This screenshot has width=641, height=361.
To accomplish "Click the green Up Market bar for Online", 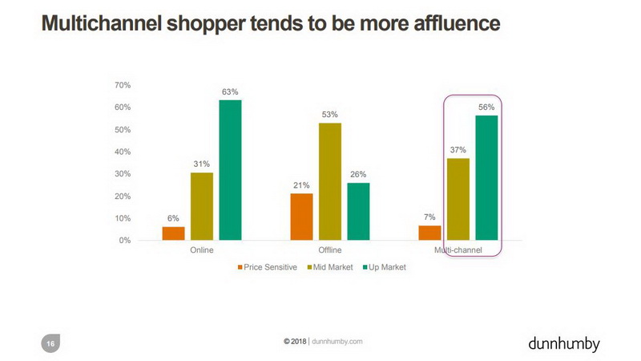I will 230,170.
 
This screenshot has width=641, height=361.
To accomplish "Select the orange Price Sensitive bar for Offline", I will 302,217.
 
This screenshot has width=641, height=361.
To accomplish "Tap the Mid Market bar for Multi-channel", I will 458,199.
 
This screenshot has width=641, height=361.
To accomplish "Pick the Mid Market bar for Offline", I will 330,181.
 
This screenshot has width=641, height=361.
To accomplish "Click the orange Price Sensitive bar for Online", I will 173,233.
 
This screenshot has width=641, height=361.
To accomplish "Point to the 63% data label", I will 230,92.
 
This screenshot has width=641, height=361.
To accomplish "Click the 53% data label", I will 330,115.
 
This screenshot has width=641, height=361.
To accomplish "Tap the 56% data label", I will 486,107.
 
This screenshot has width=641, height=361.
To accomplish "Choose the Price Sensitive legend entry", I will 269,267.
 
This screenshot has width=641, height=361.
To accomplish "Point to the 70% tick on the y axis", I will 123,85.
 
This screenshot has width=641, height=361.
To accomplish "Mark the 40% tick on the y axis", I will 123,152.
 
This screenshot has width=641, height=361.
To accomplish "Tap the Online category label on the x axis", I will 201,252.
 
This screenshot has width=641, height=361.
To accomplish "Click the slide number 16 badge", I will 50,343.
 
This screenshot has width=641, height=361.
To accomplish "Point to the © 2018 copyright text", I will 295,341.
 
